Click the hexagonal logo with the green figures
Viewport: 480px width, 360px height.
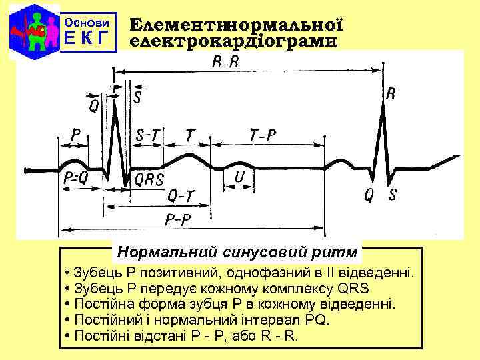click(31, 31)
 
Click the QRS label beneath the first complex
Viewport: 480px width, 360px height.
click(149, 179)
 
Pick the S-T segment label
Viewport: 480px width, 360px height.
click(147, 135)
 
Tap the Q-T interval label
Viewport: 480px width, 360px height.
click(182, 196)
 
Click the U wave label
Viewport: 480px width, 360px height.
click(239, 177)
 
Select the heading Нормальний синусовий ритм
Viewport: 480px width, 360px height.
click(237, 253)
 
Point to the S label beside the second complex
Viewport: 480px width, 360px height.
click(393, 195)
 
